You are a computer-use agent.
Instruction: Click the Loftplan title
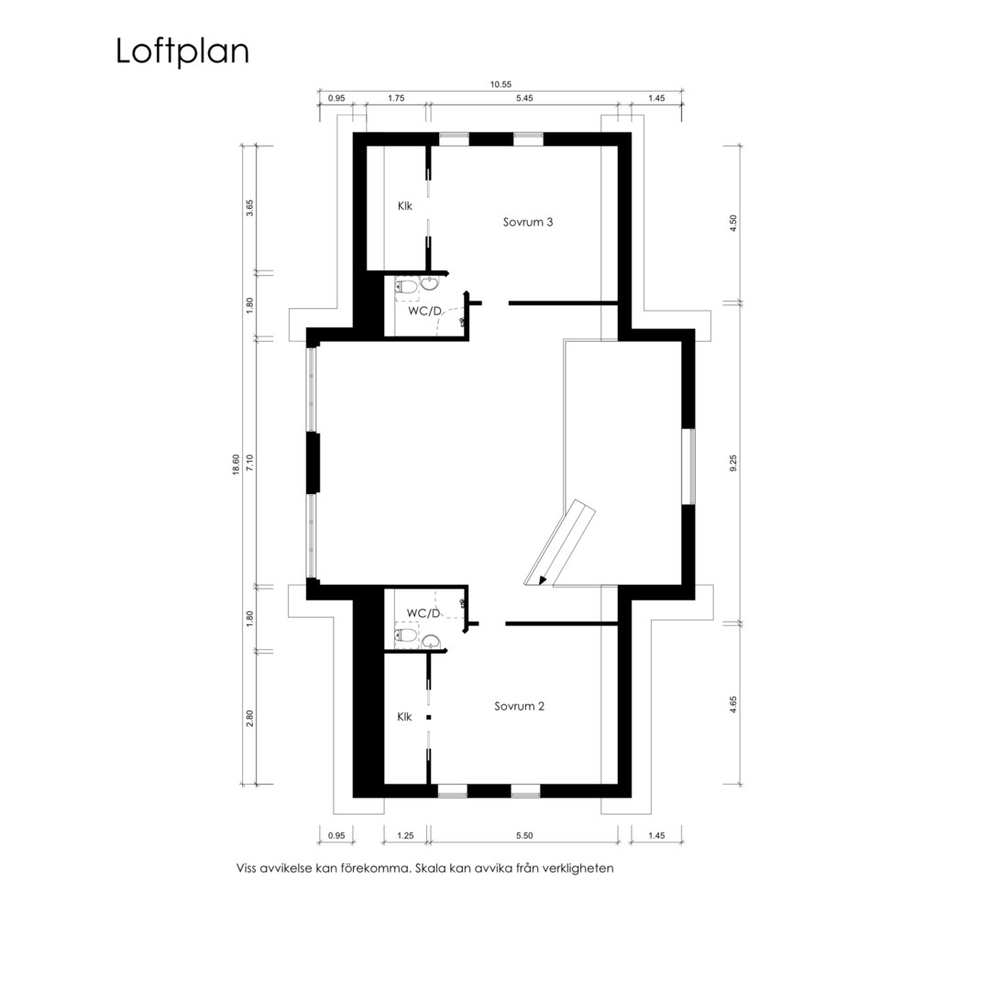(x=182, y=51)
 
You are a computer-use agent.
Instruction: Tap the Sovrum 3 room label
(x=528, y=222)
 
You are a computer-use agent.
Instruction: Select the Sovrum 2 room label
(x=519, y=707)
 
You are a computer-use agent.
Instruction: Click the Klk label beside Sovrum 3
(x=405, y=206)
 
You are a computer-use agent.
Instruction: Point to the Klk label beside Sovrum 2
(x=404, y=717)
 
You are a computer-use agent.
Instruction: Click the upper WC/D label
(x=424, y=312)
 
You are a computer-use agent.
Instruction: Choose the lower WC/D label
(x=423, y=613)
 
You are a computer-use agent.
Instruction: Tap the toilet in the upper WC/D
(x=406, y=288)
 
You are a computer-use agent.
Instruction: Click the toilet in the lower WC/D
(x=406, y=634)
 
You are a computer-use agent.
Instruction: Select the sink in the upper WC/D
(x=430, y=283)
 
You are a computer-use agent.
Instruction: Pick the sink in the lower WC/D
(x=432, y=642)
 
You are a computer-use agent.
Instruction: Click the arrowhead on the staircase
(x=542, y=581)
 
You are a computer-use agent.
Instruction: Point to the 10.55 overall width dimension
(x=500, y=84)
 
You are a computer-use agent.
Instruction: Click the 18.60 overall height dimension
(x=236, y=465)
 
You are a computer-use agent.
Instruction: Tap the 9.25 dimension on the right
(x=733, y=464)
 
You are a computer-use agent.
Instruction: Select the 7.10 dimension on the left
(x=249, y=464)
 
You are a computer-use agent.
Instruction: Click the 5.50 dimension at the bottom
(x=524, y=836)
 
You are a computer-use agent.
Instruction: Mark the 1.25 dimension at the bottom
(x=405, y=836)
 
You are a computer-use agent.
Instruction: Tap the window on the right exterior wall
(x=692, y=467)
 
